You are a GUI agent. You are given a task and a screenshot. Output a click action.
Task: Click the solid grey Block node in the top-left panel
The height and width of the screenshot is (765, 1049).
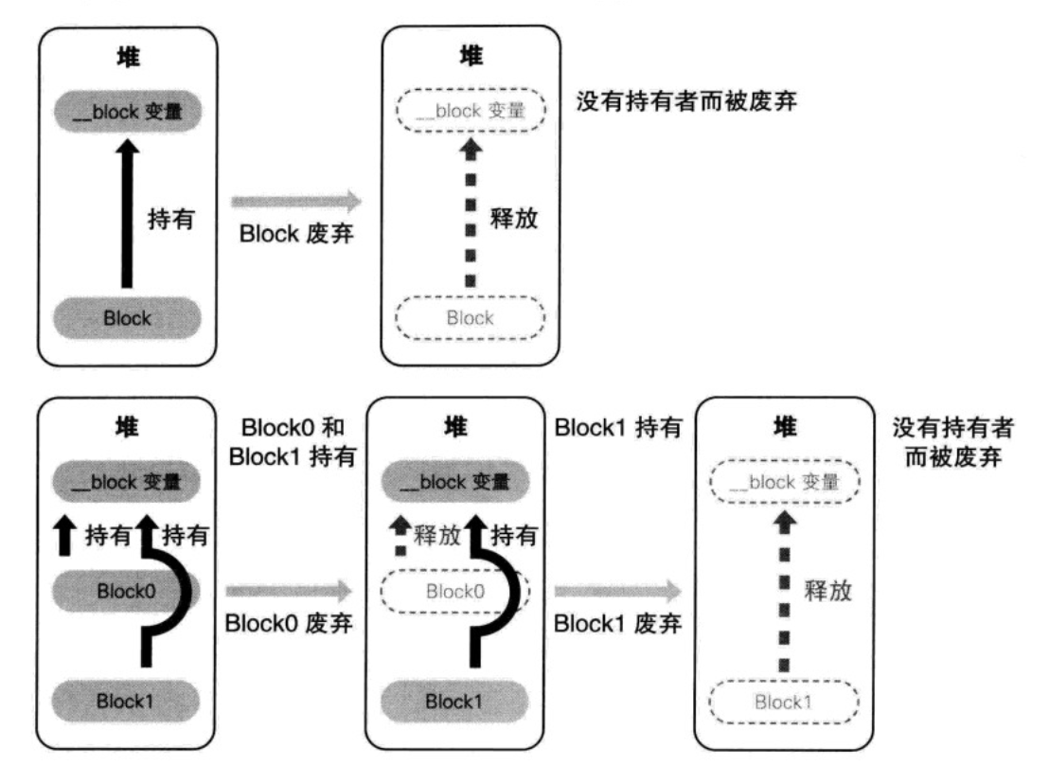tap(127, 317)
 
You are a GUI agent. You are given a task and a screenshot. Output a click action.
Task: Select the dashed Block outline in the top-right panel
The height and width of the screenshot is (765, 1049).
tap(470, 317)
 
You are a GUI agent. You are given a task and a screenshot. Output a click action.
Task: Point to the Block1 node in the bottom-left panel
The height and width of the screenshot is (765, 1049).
tap(127, 702)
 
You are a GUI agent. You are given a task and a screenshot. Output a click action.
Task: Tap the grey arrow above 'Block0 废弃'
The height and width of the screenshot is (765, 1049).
tap(289, 591)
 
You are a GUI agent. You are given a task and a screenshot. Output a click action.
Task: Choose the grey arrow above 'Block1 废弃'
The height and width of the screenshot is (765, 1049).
tap(617, 591)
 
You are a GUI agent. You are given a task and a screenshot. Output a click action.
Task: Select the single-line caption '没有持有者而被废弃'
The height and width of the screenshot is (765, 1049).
tap(685, 100)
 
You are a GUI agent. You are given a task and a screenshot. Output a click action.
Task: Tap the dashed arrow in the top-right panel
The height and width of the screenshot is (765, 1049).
tap(470, 217)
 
